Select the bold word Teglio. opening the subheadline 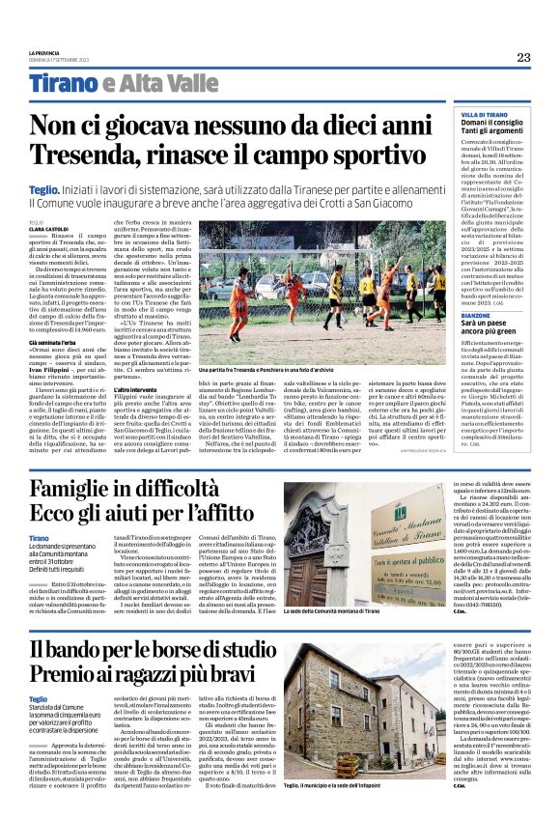pyautogui.click(x=43, y=192)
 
